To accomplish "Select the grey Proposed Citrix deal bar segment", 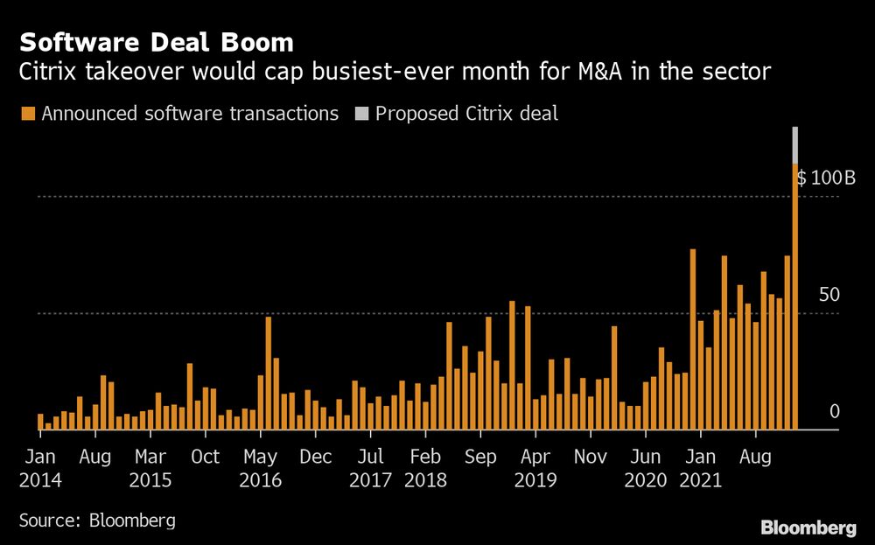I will [795, 145].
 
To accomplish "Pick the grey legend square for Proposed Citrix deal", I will [360, 114].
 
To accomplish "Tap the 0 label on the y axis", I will [835, 411].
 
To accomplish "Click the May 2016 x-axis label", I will [261, 467].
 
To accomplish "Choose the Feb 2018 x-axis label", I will [425, 467].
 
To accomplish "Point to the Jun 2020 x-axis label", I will [646, 467].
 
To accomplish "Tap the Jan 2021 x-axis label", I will [701, 467].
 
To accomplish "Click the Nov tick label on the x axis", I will [591, 456].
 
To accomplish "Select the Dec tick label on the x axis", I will [315, 456].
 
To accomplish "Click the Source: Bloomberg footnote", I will [97, 521].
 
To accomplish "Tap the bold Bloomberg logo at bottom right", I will [808, 528].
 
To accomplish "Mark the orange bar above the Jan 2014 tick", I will [40, 422].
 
